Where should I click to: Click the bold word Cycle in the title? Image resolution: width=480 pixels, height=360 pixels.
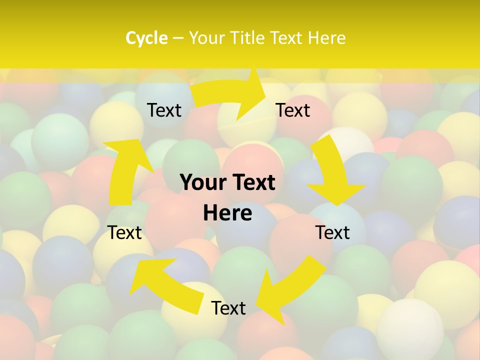146,38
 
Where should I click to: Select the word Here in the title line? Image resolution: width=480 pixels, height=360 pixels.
326,38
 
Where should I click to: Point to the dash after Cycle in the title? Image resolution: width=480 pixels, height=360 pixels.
178,38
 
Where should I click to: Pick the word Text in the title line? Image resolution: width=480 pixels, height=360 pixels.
288,38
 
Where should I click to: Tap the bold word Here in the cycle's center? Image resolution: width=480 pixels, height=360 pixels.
227,213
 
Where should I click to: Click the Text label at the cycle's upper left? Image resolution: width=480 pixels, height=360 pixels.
164,110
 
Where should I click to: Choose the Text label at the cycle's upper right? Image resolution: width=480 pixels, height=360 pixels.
293,110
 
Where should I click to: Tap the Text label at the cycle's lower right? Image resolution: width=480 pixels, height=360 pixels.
332,232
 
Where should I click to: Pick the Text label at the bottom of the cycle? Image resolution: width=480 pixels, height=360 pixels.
228,308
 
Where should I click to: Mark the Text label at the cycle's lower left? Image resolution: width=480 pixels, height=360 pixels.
125,232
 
